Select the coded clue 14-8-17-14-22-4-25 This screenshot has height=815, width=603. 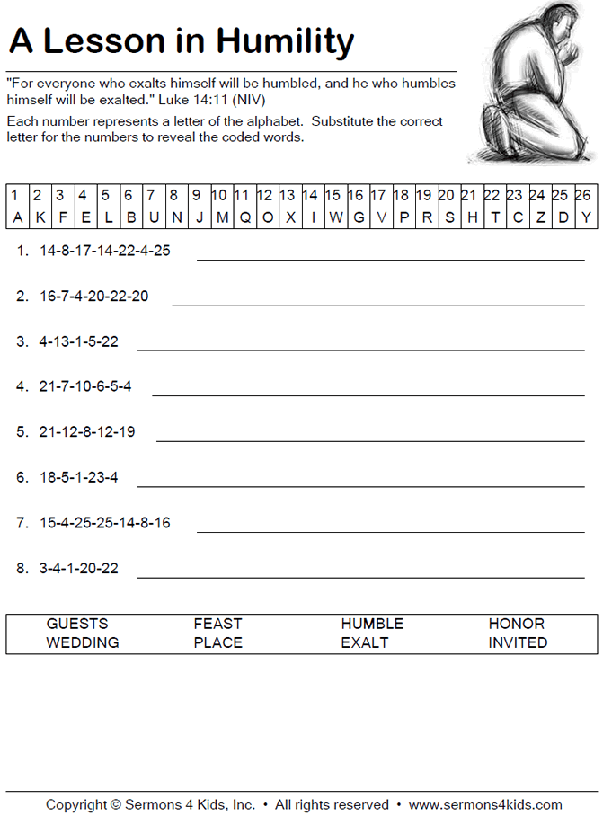click(x=104, y=251)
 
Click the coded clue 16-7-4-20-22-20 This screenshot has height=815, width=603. click(x=93, y=296)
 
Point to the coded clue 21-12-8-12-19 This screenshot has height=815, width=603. click(x=86, y=431)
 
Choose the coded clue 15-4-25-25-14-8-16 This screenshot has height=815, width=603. click(x=104, y=522)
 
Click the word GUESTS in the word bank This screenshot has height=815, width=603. click(x=77, y=624)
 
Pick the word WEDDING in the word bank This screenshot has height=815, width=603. click(x=83, y=642)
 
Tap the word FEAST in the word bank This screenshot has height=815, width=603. click(x=217, y=624)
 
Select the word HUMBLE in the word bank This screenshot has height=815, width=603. click(x=372, y=624)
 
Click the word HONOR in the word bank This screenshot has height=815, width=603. click(x=517, y=624)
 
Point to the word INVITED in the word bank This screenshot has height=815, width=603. click(x=518, y=642)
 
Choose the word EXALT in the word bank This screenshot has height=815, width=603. click(x=365, y=642)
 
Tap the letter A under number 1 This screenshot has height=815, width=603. click(x=16, y=217)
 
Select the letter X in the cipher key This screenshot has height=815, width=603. click(x=290, y=217)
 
